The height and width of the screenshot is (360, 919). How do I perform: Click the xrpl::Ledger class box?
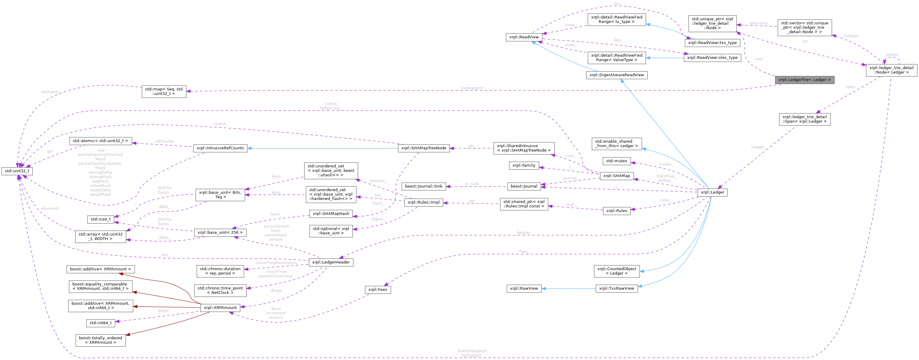[712, 192]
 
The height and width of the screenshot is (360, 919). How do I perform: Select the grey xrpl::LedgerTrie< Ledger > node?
[804, 80]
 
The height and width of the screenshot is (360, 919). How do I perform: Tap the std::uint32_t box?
[17, 171]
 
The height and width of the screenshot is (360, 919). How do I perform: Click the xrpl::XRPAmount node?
[220, 308]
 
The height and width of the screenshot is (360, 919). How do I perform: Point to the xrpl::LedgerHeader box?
[331, 262]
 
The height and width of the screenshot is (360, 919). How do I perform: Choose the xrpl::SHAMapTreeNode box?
[423, 148]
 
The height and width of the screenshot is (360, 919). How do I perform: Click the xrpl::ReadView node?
[524, 37]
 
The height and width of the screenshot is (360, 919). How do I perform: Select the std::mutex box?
[616, 161]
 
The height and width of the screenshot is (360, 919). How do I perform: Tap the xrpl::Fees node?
[378, 289]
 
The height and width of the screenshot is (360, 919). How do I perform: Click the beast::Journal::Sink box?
[423, 186]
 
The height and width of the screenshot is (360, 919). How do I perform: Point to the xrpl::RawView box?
[524, 288]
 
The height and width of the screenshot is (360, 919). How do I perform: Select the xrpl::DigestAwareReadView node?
[616, 75]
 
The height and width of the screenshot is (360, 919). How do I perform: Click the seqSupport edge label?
[472, 88]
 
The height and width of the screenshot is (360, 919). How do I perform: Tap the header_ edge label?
[523, 233]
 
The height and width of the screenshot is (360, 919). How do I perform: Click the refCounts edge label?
[164, 141]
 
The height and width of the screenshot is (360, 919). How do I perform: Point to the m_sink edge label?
[472, 184]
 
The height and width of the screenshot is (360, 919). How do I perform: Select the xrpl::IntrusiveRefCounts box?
[220, 148]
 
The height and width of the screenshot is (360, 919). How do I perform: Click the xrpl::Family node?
[524, 166]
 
